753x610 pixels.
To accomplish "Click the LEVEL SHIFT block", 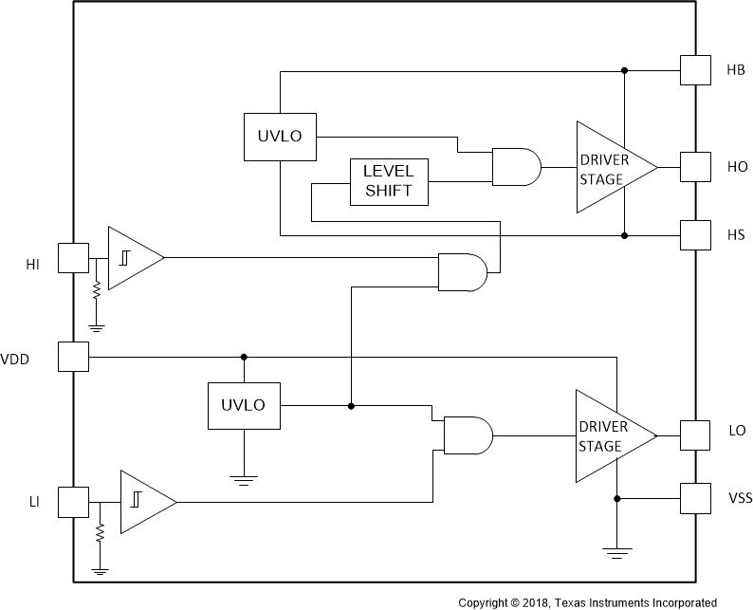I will coord(389,181).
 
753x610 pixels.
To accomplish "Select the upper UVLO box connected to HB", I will coord(280,136).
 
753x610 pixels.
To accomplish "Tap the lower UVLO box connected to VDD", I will coord(244,405).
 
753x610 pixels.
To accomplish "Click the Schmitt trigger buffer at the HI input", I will coord(132,257).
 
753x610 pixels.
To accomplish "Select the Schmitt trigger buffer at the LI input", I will coord(144,500).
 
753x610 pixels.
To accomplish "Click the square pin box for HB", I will coord(695,70).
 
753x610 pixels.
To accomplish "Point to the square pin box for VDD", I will coord(73,357).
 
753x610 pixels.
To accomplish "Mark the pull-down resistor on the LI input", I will coord(100,535).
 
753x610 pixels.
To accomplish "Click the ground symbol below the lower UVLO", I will coord(244,479).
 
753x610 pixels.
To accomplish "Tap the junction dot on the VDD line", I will coord(244,357).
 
